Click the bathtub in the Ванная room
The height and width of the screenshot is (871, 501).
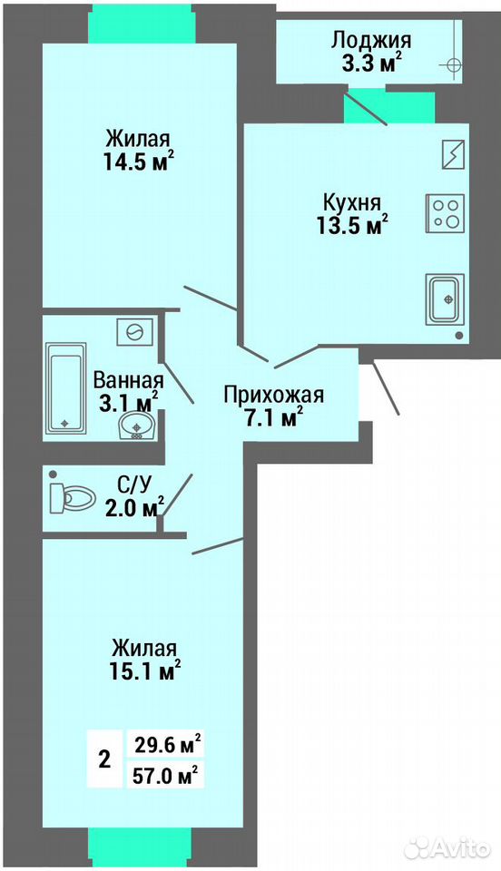65,387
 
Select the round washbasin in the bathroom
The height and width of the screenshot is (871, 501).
137,426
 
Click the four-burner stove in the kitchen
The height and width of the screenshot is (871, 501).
446,213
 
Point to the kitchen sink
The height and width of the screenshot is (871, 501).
445,299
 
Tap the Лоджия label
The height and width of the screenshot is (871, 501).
371,41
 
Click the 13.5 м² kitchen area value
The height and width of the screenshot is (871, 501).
351,226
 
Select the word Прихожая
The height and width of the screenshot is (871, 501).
273,396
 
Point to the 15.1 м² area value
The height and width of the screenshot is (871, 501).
145,670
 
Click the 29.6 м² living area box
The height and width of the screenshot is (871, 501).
165,744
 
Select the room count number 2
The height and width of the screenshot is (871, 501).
103,758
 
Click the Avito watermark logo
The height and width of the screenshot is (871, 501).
447,847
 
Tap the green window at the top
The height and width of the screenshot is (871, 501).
142,24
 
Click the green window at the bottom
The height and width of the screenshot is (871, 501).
142,846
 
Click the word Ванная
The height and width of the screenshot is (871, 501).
128,381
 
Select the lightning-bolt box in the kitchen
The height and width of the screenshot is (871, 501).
453,154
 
